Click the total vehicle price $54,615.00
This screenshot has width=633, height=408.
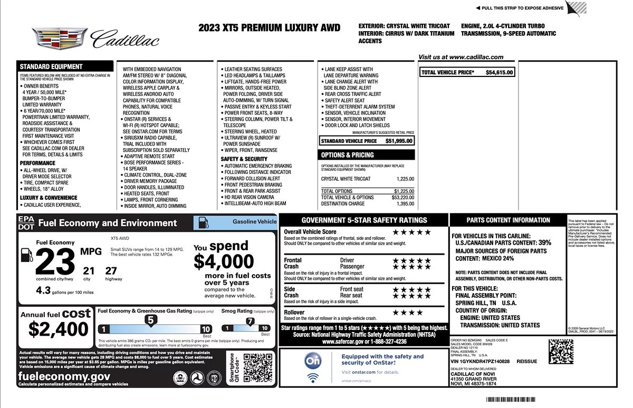point(499,73)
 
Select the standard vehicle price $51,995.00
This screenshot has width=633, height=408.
point(399,141)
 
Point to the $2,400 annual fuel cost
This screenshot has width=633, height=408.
point(59,329)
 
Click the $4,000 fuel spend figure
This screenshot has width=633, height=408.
point(224,261)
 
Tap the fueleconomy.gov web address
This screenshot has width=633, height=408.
point(64,376)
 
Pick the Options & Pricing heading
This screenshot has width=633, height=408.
point(348,155)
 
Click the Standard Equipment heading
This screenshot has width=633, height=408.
point(51,67)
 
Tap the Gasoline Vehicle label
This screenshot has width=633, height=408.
point(254,222)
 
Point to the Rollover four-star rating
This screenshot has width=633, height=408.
point(408,313)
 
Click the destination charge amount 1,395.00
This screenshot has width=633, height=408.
point(405,204)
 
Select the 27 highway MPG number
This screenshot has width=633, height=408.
point(111,271)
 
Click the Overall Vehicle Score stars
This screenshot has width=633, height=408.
point(411,232)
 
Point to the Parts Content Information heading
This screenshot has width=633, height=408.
point(508,220)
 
